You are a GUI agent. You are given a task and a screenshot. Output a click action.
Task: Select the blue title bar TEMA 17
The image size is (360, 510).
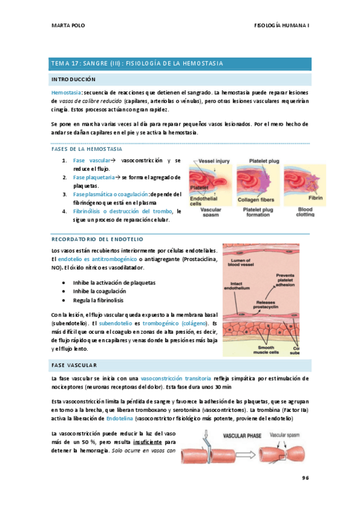[180, 64]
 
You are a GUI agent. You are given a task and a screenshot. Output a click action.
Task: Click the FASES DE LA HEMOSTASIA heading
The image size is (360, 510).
[87, 149]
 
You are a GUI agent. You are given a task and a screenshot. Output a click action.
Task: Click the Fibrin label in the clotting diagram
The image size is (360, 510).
[316, 197]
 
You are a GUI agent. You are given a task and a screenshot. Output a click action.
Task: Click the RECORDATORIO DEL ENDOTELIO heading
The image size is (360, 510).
[95, 239]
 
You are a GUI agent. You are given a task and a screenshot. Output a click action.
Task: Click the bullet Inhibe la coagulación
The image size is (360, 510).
[99, 290]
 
